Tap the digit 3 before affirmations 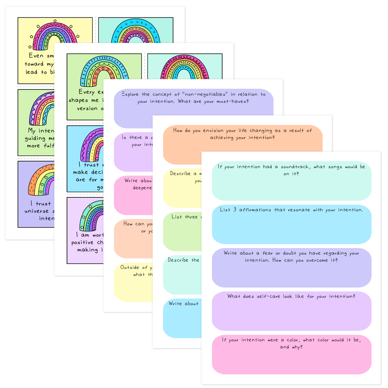point(235,210)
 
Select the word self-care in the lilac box point(268,296)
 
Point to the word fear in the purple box point(267,253)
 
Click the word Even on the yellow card point(36,56)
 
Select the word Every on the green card point(87,92)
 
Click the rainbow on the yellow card point(55,36)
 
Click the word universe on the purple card point(36,211)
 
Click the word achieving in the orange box point(222,138)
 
